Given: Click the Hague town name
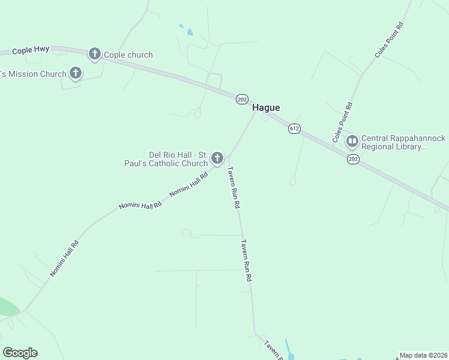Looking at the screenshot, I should coord(266,107).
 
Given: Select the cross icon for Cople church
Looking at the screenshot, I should coord(94,55).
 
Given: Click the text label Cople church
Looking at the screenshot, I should coord(128,55).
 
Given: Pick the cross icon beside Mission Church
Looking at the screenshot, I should coord(75,74).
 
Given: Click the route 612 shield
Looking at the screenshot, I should coord(294,129).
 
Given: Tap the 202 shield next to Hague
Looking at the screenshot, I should coord(242,99).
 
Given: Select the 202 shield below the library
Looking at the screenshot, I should coord(353,159).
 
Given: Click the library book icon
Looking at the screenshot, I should coord(352,142).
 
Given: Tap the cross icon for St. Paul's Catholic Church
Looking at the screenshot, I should coord(217,158).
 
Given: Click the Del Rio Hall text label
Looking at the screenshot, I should coord(178,158).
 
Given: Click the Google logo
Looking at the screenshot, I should coord(20,352).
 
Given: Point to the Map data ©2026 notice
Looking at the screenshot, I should coord(423,355).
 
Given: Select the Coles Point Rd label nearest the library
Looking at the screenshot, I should coord(343,122).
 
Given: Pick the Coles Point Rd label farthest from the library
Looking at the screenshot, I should coord(388,40).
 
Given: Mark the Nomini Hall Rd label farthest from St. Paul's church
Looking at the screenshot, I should coord(64,259).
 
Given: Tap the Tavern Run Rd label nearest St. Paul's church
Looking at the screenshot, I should coord(232,187).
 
